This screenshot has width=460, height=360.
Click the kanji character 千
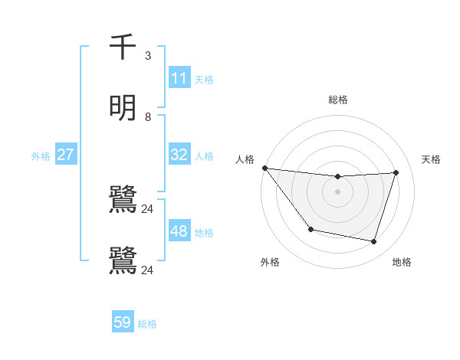tap(123, 47)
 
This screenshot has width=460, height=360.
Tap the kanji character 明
tap(123, 108)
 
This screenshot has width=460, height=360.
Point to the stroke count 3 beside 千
tap(148, 56)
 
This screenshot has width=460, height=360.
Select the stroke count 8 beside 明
tap(148, 117)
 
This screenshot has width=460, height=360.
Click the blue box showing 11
tap(179, 78)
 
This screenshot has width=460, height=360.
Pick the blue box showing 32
tap(179, 155)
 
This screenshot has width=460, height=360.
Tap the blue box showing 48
tap(179, 231)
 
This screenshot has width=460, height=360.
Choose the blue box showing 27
tap(65, 155)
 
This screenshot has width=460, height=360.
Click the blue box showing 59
tap(123, 322)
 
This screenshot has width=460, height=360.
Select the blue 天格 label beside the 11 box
tap(204, 79)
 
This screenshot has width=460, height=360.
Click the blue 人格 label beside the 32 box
tap(204, 155)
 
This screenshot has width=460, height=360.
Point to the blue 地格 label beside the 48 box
tap(204, 232)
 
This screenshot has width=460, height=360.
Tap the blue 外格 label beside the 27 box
tap(41, 155)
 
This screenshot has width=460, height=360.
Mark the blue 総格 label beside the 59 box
tap(147, 324)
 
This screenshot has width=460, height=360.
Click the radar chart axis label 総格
tap(337, 100)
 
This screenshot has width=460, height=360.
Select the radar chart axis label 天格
tap(432, 159)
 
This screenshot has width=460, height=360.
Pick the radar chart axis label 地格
tap(402, 262)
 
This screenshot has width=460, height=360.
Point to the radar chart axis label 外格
tap(270, 262)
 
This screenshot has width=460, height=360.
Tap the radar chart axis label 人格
tap(245, 159)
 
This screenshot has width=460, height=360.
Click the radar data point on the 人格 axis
tap(264, 168)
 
